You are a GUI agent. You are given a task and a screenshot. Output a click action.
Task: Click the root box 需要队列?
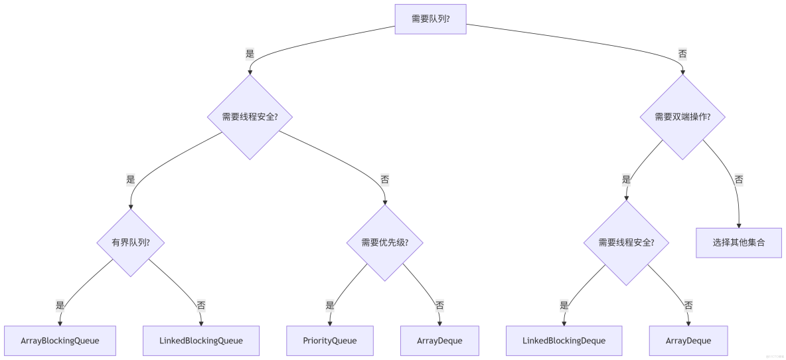coord(430,19)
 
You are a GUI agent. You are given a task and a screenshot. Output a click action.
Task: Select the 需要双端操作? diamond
coord(682,116)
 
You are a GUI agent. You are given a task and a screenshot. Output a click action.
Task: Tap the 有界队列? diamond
coord(131,242)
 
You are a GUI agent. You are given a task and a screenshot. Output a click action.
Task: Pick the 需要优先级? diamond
coord(384,242)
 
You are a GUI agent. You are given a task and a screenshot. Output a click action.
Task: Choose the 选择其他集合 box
coord(738,242)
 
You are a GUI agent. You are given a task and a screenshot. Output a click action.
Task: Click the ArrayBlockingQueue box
coord(60,341)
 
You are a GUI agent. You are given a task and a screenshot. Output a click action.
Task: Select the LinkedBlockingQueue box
coord(200,341)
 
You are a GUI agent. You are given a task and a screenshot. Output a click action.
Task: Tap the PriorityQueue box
coord(330,341)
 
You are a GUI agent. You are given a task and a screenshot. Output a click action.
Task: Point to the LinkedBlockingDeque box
coord(564,341)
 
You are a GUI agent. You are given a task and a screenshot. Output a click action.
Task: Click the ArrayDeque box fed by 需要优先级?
coord(439,341)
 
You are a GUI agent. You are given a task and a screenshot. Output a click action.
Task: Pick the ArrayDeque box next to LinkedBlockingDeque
coord(688,341)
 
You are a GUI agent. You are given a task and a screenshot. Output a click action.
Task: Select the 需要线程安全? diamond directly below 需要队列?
coord(250,116)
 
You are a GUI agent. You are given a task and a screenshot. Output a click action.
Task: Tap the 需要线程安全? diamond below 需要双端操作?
coord(626,242)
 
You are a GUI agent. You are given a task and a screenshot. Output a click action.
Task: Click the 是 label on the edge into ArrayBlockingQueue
coord(60,306)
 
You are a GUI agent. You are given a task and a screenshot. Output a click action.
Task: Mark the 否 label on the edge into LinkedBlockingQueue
coord(200,306)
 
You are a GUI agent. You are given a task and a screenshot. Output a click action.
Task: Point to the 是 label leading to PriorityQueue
coord(330,306)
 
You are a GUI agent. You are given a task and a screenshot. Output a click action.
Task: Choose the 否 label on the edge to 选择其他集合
coord(738,179)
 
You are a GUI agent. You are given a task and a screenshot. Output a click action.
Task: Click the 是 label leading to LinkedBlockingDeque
coord(564,306)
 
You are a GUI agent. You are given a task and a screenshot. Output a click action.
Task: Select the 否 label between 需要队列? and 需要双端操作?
coord(682,53)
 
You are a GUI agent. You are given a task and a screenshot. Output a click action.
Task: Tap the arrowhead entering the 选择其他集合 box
coord(738,225)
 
